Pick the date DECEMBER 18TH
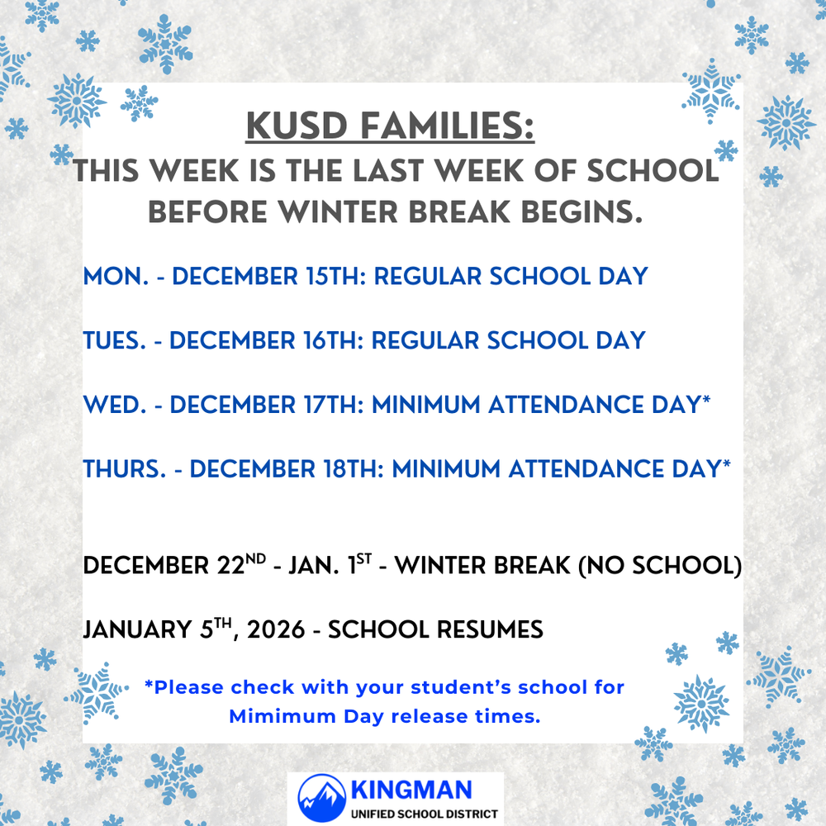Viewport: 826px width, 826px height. click(286, 469)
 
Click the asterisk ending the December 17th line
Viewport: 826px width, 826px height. click(707, 402)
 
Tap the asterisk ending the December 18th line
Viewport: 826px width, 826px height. click(726, 466)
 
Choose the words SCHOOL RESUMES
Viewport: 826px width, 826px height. click(435, 630)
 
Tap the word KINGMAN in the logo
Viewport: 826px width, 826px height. click(412, 790)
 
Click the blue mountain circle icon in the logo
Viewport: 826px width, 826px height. click(322, 798)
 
